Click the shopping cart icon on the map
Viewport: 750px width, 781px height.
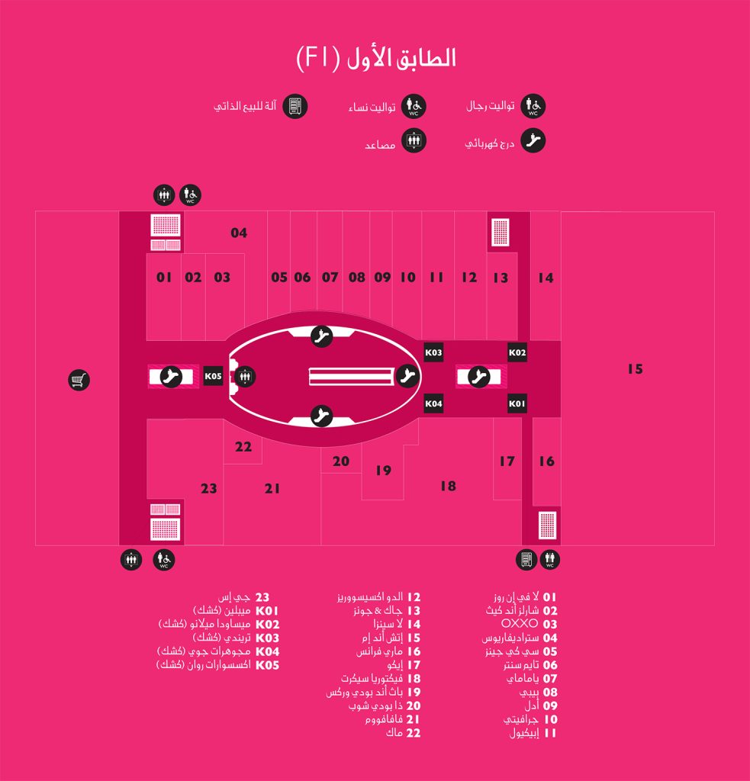pyautogui.click(x=79, y=381)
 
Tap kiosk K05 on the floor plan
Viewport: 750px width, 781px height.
pyautogui.click(x=214, y=376)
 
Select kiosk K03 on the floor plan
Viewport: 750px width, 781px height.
pyautogui.click(x=433, y=352)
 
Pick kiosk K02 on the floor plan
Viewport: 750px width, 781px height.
pyautogui.click(x=517, y=352)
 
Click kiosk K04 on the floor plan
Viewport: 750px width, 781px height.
pyautogui.click(x=433, y=403)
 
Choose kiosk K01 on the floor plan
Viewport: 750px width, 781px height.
pyautogui.click(x=517, y=403)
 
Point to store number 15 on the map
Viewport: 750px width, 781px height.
pyautogui.click(x=635, y=369)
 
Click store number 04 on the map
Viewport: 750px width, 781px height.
pyautogui.click(x=239, y=233)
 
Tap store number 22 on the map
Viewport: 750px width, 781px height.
pyautogui.click(x=243, y=447)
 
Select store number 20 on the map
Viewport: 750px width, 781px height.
pyautogui.click(x=341, y=461)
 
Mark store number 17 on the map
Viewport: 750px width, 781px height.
pyautogui.click(x=507, y=461)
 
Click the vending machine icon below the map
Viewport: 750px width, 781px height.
pyautogui.click(x=526, y=560)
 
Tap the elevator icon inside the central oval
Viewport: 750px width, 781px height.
pyautogui.click(x=245, y=377)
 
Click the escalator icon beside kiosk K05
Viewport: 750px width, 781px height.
pyautogui.click(x=171, y=377)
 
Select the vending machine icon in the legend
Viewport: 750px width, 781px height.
pyautogui.click(x=295, y=106)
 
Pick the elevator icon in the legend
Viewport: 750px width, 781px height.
pyautogui.click(x=414, y=140)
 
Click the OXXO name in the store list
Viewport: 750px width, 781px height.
pyautogui.click(x=520, y=624)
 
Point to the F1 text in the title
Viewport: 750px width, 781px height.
pyautogui.click(x=318, y=58)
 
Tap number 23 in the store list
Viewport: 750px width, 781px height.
pyautogui.click(x=262, y=597)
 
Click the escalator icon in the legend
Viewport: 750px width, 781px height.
pyautogui.click(x=533, y=140)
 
